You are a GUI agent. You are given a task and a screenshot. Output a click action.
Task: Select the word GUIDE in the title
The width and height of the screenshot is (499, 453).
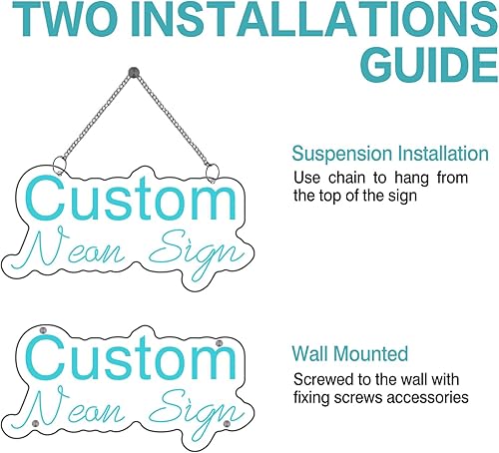(410, 66)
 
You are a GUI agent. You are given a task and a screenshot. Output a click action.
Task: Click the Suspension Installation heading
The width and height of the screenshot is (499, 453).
(389, 154)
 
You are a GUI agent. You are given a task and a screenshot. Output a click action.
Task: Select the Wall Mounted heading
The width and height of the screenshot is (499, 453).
(349, 353)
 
